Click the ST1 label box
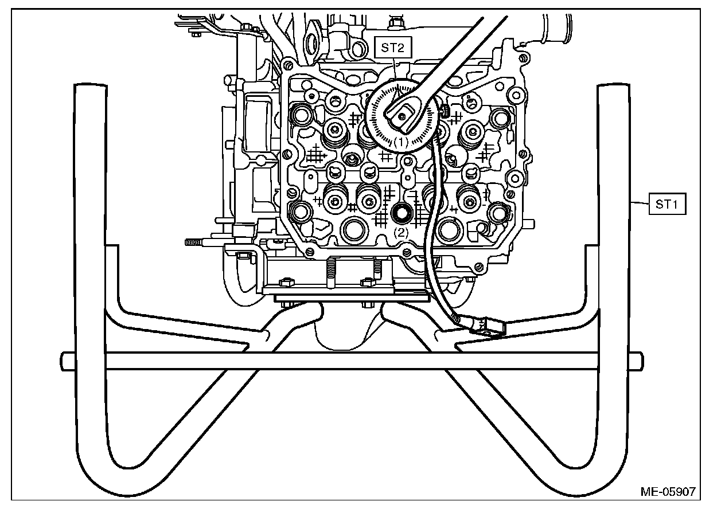[667, 204]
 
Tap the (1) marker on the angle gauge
[400, 140]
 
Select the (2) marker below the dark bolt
[400, 233]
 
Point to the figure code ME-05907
[668, 491]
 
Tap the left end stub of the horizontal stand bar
[68, 361]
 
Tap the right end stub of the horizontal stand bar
[636, 361]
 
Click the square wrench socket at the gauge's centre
[403, 115]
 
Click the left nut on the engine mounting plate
[283, 283]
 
